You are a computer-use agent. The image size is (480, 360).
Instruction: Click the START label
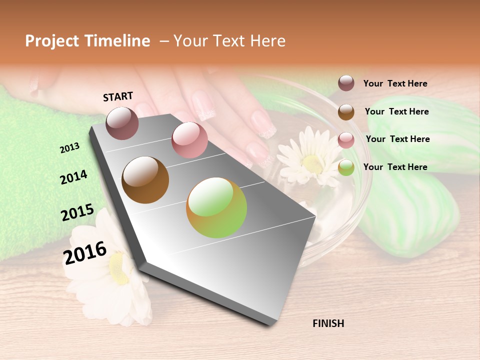click(x=118, y=96)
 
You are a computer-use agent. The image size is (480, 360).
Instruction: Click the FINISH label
click(x=328, y=323)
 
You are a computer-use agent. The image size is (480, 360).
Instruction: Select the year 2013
click(x=70, y=148)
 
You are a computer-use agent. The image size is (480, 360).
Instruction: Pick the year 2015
click(x=77, y=212)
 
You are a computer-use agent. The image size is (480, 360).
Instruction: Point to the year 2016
click(x=85, y=252)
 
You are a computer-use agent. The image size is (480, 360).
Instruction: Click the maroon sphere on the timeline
click(x=122, y=123)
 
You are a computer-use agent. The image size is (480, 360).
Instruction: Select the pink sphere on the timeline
click(x=189, y=139)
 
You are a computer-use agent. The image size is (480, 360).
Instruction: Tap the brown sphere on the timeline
click(x=145, y=180)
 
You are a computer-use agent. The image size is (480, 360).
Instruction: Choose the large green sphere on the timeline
click(x=216, y=207)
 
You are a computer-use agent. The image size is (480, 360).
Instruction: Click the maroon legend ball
click(x=346, y=83)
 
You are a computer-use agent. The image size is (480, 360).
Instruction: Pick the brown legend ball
click(x=346, y=112)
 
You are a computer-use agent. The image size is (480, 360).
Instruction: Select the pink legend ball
click(x=346, y=140)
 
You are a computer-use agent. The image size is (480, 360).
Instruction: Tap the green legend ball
click(x=346, y=168)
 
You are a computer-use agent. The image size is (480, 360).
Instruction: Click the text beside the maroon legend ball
click(x=395, y=83)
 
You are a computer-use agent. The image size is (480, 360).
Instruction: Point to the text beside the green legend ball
click(x=395, y=167)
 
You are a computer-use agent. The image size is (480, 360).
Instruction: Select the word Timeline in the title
click(x=117, y=41)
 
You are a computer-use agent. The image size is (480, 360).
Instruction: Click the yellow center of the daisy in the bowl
click(x=312, y=162)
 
